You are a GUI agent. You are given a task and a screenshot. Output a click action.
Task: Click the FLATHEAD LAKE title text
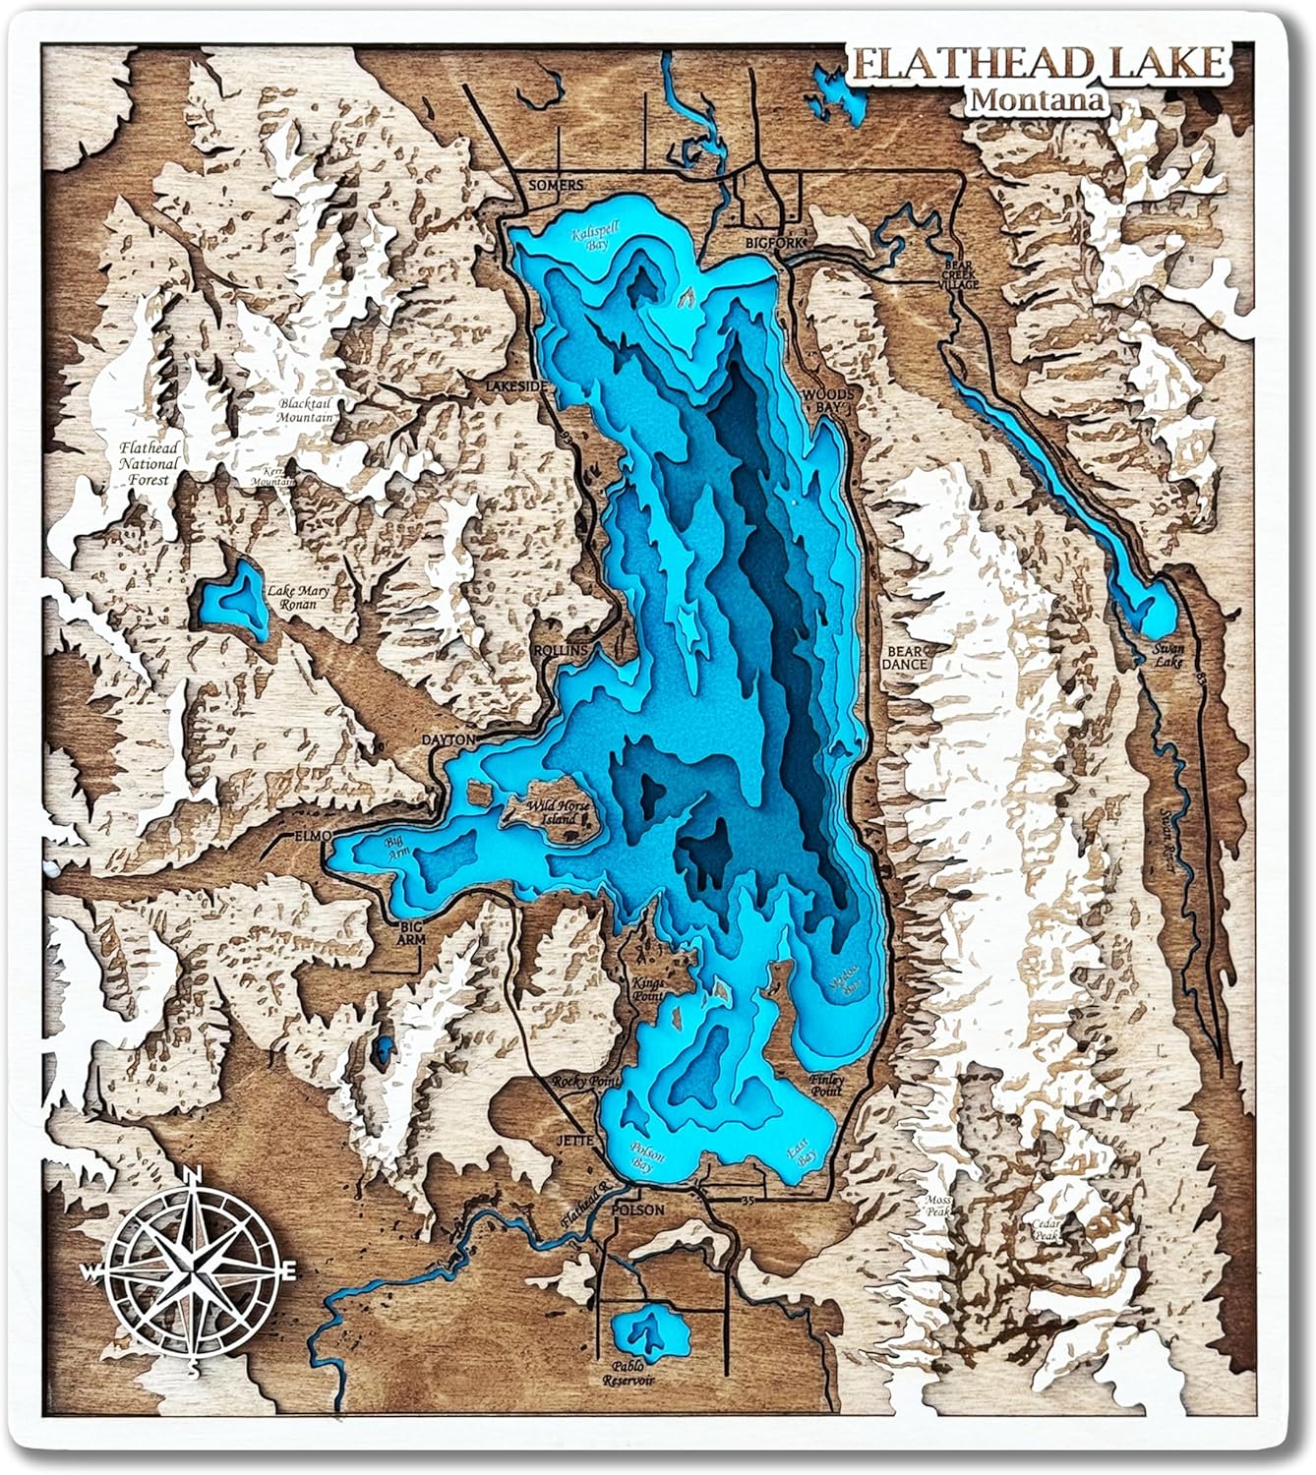1040,64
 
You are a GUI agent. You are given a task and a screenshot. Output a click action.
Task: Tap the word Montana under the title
1035,99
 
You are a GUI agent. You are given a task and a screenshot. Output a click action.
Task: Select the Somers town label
556,185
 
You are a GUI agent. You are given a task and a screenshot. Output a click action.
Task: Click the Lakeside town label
514,387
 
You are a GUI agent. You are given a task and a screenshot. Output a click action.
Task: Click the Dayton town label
448,739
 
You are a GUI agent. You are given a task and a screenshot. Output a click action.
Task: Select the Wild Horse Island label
559,813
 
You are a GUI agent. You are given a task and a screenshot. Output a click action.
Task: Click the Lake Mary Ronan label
298,597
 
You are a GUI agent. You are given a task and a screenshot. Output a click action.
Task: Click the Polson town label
637,1210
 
